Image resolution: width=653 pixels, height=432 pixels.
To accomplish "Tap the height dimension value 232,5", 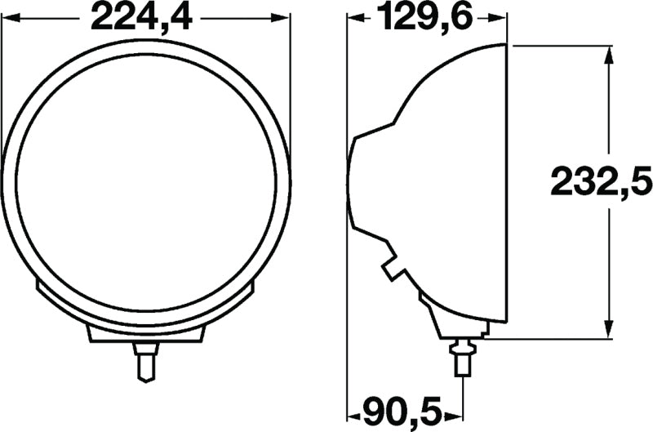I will tap(598, 181).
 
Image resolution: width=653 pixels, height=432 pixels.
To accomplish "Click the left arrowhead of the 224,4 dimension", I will tap(8, 18).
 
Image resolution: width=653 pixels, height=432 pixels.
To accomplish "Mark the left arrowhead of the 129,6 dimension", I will tap(354, 18).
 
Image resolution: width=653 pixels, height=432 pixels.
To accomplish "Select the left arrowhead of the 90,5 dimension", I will tap(354, 408).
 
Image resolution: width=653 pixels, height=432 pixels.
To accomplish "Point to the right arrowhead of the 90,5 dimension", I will tap(456, 408).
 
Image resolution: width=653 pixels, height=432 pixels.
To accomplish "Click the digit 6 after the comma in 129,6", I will tap(462, 18).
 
